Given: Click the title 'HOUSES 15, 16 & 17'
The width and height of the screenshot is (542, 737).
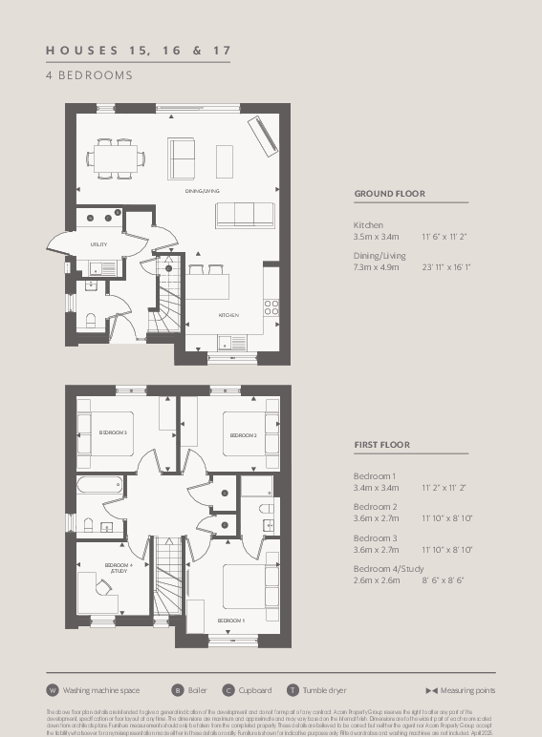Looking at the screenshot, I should [138, 50].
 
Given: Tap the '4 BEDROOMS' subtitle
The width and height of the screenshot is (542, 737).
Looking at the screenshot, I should [89, 74].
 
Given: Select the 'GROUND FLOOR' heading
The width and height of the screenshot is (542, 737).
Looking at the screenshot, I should [389, 194].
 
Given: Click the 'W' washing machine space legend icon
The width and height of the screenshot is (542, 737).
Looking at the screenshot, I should [53, 690].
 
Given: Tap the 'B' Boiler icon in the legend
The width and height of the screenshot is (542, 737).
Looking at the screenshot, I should [177, 690].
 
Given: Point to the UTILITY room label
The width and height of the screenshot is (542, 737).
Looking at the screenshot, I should [98, 244].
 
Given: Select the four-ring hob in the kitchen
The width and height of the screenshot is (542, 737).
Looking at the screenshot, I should [271, 307].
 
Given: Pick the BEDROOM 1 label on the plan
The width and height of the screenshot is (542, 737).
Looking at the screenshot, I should [230, 621].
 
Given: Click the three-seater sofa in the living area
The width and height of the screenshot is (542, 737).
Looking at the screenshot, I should [245, 215].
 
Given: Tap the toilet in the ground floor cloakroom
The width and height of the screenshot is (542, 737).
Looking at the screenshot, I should [89, 320].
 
